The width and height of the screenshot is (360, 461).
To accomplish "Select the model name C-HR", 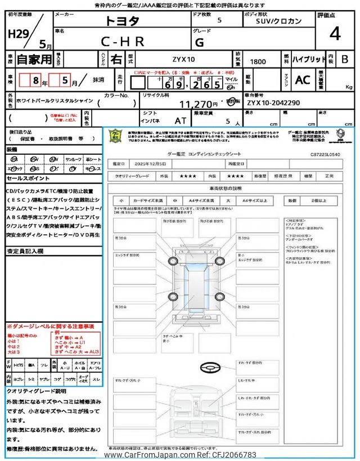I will pos(123,41).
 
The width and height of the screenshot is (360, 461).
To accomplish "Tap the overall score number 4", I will pos(335,34).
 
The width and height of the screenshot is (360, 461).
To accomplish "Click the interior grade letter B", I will pos(345,59).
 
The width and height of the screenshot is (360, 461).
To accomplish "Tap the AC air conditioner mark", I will pos(303,80).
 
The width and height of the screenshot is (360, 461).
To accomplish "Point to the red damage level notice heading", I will pos(51,326).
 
